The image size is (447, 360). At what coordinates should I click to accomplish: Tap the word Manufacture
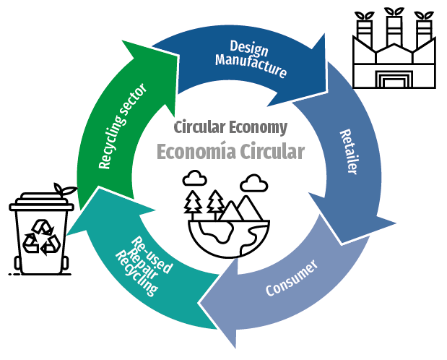(251, 66)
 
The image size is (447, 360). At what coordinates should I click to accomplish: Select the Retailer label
(349, 151)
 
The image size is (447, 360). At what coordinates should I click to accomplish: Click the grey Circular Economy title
(230, 128)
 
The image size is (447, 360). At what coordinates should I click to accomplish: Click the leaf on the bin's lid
(66, 190)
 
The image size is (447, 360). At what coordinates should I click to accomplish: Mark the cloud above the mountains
(252, 181)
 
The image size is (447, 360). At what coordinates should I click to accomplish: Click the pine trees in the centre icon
(204, 202)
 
